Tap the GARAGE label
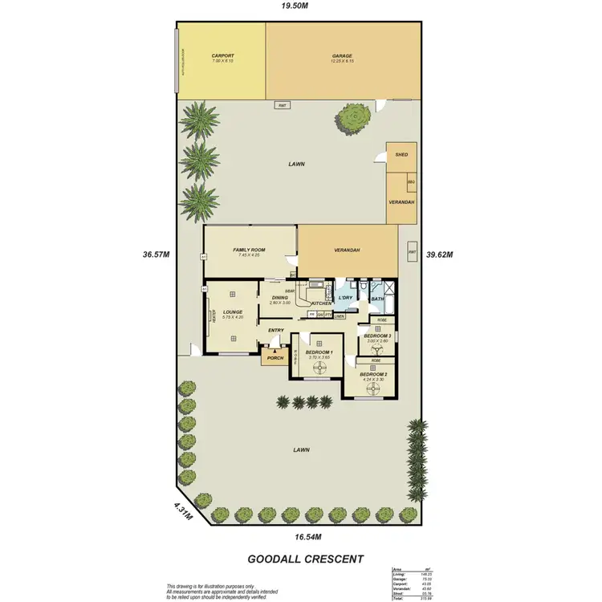tap(343, 57)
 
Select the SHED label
tap(402, 156)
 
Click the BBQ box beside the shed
tap(411, 182)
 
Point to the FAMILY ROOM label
tap(250, 250)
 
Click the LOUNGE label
tap(233, 312)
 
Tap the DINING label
tap(279, 298)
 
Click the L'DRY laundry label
tap(347, 298)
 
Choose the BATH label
tap(378, 299)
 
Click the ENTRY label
tap(276, 330)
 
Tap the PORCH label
tap(275, 358)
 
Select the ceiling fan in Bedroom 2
tap(373, 388)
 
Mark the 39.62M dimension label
tap(441, 254)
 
